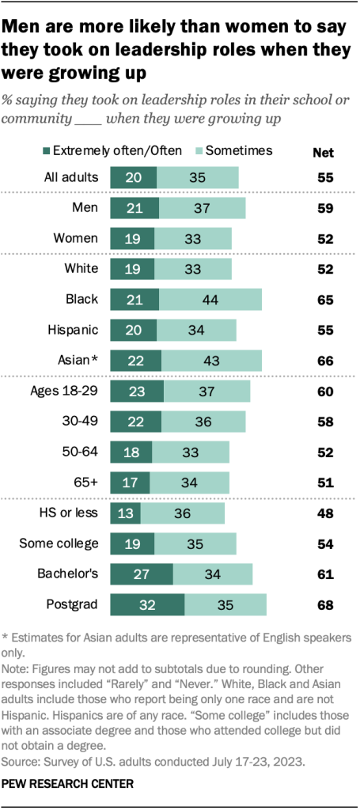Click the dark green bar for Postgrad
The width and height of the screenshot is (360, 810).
147,605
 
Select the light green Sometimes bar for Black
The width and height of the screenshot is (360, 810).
210,299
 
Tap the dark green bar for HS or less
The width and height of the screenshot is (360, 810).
125,513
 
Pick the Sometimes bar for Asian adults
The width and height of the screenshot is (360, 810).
211,361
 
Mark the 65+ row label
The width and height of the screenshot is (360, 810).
85,483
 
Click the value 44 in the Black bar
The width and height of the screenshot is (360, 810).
210,299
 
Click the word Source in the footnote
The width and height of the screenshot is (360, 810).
22,765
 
